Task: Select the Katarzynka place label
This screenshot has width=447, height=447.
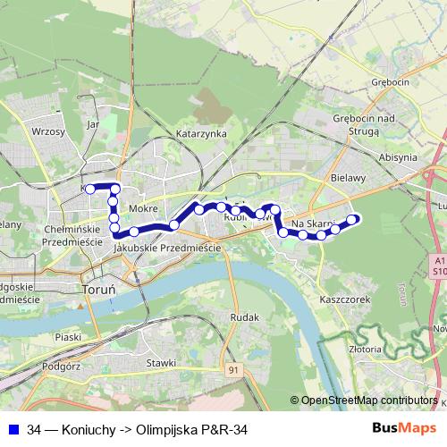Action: pos(201,133)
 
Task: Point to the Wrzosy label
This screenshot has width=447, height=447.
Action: pos(48,131)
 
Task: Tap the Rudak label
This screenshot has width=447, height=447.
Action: pos(244,317)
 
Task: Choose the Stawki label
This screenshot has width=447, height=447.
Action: pos(162,362)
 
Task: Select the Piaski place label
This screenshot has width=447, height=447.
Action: pos(68,337)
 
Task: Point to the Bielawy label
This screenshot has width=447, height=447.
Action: pos(348,178)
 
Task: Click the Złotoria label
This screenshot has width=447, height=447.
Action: pos(367,350)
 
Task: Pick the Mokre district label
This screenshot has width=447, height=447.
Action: pos(143,208)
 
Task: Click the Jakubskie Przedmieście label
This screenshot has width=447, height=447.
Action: pos(169,248)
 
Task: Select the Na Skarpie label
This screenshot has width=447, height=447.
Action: pos(313,223)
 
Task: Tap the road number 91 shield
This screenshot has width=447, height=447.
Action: pos(234,368)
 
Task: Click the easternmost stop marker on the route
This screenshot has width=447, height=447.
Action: pos(353,219)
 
